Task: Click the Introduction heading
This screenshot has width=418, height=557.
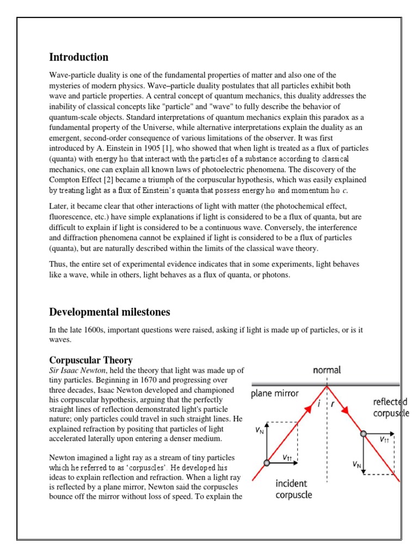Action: tap(78, 57)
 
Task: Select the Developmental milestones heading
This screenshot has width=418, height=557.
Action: tap(109, 312)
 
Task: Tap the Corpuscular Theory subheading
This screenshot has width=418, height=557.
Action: tap(91, 360)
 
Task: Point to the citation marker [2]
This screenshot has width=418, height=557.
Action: tap(116, 179)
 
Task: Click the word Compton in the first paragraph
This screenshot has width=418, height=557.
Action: tap(65, 179)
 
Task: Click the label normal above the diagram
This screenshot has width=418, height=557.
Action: tap(327, 370)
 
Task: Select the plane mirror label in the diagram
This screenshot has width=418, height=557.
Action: tap(275, 394)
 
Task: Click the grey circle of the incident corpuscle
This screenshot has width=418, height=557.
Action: tap(266, 463)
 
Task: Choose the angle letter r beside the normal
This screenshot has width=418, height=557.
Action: tap(334, 404)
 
